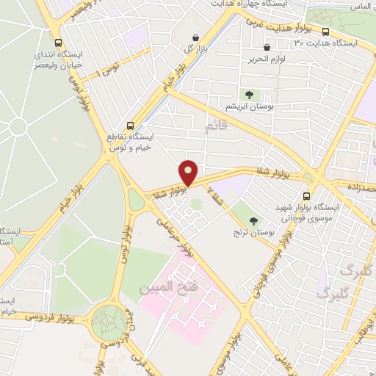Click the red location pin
coord(189,172)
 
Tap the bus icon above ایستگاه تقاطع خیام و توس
coord(130,125)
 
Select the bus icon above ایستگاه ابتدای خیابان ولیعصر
coord(58,42)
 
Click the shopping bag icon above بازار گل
coord(195,37)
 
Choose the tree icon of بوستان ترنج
coord(254,221)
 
